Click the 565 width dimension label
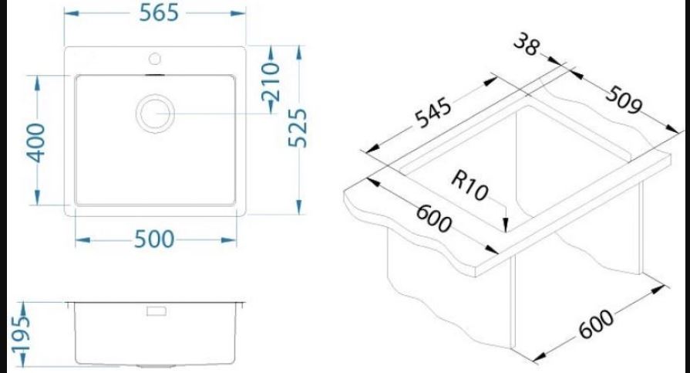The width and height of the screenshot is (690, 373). [159, 13]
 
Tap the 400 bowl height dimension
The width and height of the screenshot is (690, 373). [35, 143]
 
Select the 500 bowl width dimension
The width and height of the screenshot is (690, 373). [154, 240]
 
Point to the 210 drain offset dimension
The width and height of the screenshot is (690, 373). [271, 81]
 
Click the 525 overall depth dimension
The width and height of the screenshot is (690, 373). [298, 127]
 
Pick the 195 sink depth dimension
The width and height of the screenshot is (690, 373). [21, 334]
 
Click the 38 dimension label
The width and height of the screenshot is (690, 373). [526, 45]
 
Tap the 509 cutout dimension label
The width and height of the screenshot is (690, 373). [624, 100]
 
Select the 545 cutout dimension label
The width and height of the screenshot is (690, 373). [433, 113]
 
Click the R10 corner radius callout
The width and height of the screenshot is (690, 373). [470, 185]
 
